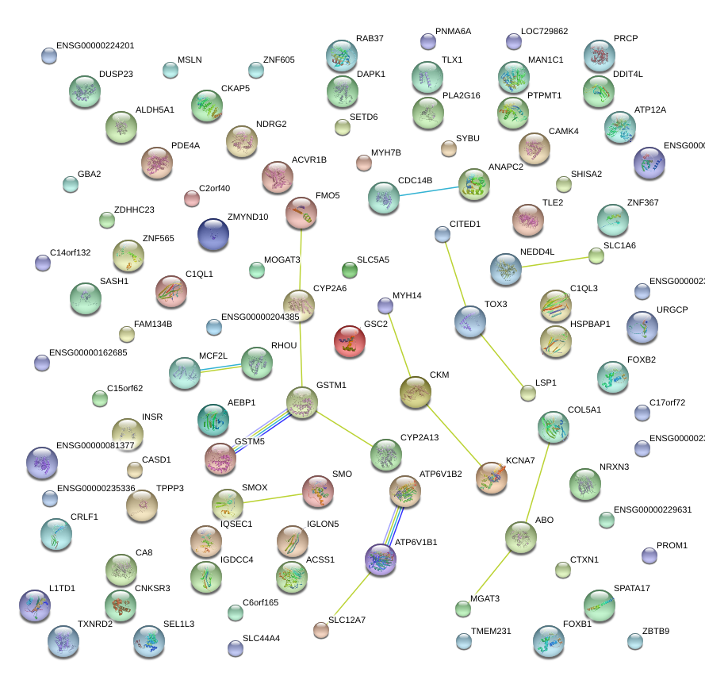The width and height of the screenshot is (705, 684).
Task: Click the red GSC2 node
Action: pyautogui.click(x=350, y=340)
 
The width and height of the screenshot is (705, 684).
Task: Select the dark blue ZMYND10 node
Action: pyautogui.click(x=213, y=234)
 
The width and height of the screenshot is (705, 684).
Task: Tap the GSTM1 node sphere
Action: pyautogui.click(x=301, y=402)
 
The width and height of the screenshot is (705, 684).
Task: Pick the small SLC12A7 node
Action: pyautogui.click(x=320, y=629)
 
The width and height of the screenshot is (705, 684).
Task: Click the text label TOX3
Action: pyautogui.click(x=496, y=305)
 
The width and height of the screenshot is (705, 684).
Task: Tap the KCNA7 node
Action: pyautogui.click(x=491, y=477)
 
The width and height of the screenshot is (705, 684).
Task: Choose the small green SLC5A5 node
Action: pyautogui.click(x=349, y=270)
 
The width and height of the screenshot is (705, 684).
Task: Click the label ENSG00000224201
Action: pyautogui.click(x=95, y=46)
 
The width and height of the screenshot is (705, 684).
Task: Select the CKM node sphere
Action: pyautogui.click(x=415, y=392)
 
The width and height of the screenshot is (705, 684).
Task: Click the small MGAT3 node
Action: pyautogui.click(x=463, y=609)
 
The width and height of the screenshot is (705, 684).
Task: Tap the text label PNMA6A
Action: pyautogui.click(x=453, y=32)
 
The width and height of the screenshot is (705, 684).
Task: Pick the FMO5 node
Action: pyautogui.click(x=301, y=213)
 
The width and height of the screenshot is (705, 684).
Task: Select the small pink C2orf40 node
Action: pyautogui.click(x=191, y=198)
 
